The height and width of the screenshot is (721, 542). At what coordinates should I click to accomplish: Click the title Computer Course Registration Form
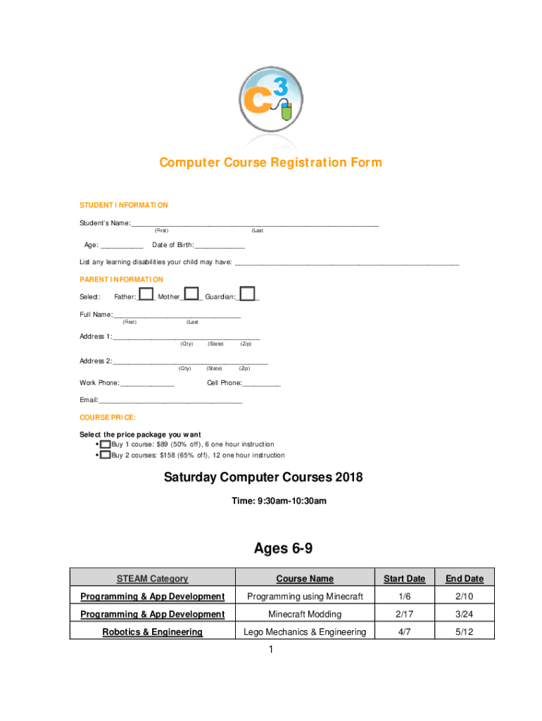point(270,163)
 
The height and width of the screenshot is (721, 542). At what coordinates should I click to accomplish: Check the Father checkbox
point(146,294)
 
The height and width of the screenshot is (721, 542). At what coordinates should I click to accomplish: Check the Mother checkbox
point(191,294)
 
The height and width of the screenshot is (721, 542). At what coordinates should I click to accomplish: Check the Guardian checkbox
point(247,294)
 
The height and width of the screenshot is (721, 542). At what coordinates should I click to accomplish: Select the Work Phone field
point(147,383)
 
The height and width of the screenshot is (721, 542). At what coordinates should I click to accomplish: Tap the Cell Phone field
point(261,383)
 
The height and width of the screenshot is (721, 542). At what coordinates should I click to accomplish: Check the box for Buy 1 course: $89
point(106,445)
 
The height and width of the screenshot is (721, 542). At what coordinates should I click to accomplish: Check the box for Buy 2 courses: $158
point(106,456)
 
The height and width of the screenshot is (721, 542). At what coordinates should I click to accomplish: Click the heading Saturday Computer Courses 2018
point(263,478)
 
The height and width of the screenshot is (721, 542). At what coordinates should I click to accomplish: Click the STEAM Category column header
point(152,579)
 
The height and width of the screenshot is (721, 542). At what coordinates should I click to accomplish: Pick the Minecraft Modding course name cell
point(305,615)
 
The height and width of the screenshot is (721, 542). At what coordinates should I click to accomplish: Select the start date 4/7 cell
point(404,632)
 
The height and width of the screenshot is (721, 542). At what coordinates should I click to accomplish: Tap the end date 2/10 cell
point(465,596)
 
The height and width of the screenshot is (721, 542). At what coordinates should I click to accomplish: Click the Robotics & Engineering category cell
point(152,632)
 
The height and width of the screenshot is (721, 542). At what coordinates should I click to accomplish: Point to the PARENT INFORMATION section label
point(121,280)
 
